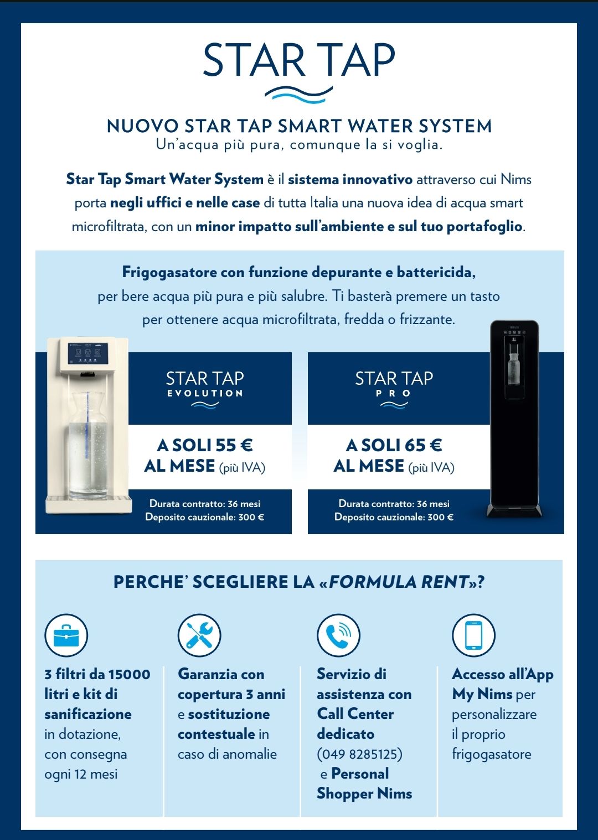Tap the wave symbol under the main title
[298, 95]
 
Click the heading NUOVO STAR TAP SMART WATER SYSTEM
[299, 126]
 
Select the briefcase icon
[66, 635]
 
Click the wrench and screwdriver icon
[199, 635]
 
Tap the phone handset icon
[338, 635]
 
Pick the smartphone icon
[473, 635]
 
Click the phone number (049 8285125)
[359, 754]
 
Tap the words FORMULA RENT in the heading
[399, 582]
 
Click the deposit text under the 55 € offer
[204, 517]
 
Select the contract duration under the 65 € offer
[394, 503]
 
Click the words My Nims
[482, 694]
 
